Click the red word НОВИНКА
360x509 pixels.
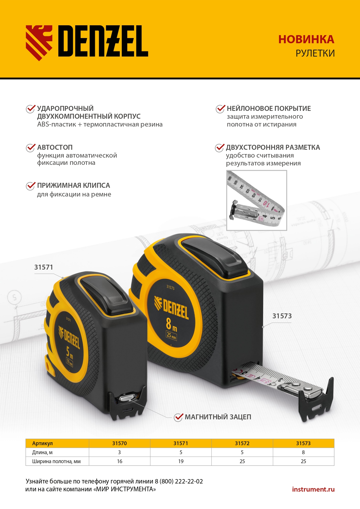pos(306,39)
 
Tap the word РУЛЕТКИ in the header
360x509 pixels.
pos(315,53)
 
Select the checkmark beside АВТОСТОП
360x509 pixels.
pos(31,148)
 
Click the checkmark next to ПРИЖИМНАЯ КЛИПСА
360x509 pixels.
pos(31,186)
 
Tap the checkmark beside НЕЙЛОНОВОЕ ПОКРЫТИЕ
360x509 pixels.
pos(220,109)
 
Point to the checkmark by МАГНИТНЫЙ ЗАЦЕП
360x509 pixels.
pos(178,417)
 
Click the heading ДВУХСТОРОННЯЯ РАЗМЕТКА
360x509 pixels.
pos(273,147)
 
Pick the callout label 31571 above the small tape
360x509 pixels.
pos(44,267)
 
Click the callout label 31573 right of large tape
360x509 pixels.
pos(282,316)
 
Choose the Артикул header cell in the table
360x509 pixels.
pos(42,443)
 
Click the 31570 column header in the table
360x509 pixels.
pos(120,443)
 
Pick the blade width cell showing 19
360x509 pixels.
pos(181,461)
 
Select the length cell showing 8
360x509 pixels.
pos(303,452)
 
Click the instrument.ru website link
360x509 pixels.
pos(313,489)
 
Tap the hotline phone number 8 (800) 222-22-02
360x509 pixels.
pos(179,481)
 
